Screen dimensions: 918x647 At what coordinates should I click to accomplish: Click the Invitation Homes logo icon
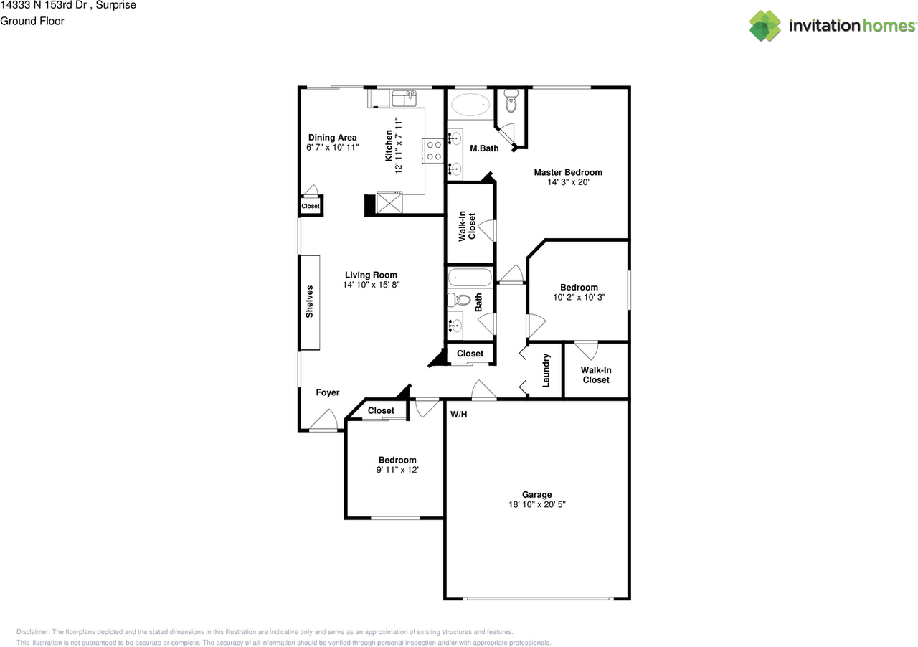[x=765, y=26]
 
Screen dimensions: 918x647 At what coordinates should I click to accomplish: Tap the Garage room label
[x=536, y=494]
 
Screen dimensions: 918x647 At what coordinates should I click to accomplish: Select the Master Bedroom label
[x=568, y=172]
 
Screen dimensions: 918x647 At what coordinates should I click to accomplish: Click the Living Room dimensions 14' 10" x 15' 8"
[x=371, y=285]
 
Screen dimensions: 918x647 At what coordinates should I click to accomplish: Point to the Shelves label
[x=309, y=302]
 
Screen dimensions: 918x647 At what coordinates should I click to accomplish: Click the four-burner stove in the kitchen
[x=433, y=151]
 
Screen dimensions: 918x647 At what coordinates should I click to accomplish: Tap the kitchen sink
[x=404, y=98]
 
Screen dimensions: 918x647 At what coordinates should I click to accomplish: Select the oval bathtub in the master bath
[x=470, y=105]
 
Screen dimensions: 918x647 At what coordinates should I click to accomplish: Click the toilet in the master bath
[x=511, y=100]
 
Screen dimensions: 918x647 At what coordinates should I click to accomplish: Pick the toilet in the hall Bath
[x=458, y=300]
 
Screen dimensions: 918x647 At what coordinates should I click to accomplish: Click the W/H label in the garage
[x=458, y=415]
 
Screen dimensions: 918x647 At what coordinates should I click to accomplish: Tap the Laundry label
[x=546, y=370]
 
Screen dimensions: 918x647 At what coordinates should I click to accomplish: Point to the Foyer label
[x=328, y=392]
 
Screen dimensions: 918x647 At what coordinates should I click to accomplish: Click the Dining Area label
[x=332, y=137]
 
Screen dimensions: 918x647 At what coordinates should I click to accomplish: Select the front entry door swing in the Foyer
[x=323, y=420]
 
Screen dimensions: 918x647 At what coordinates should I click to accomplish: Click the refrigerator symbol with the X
[x=389, y=202]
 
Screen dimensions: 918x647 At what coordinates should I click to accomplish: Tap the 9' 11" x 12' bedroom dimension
[x=397, y=470]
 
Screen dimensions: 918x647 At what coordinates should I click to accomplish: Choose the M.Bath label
[x=484, y=148]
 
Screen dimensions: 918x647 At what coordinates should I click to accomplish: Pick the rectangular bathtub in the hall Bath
[x=470, y=277]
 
